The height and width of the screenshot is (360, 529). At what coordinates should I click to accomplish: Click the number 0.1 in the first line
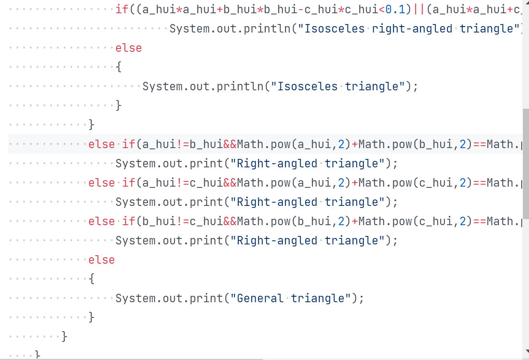click(395, 9)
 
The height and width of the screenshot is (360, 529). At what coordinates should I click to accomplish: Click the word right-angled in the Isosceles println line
click(412, 28)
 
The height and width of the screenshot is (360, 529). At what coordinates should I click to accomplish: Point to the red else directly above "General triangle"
click(102, 260)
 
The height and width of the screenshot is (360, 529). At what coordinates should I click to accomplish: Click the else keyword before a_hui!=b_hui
click(102, 144)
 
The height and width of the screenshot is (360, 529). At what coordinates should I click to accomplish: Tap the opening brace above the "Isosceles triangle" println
click(118, 67)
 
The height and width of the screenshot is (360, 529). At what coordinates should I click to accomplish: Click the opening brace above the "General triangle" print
click(92, 279)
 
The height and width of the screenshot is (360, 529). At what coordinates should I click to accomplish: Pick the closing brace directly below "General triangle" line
click(92, 317)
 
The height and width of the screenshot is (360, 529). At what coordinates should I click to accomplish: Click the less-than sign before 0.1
click(382, 9)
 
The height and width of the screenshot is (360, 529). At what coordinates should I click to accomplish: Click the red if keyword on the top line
click(122, 9)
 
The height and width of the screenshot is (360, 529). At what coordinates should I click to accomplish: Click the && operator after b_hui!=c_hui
click(230, 221)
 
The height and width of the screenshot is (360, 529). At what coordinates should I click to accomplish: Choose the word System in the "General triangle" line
click(135, 298)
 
